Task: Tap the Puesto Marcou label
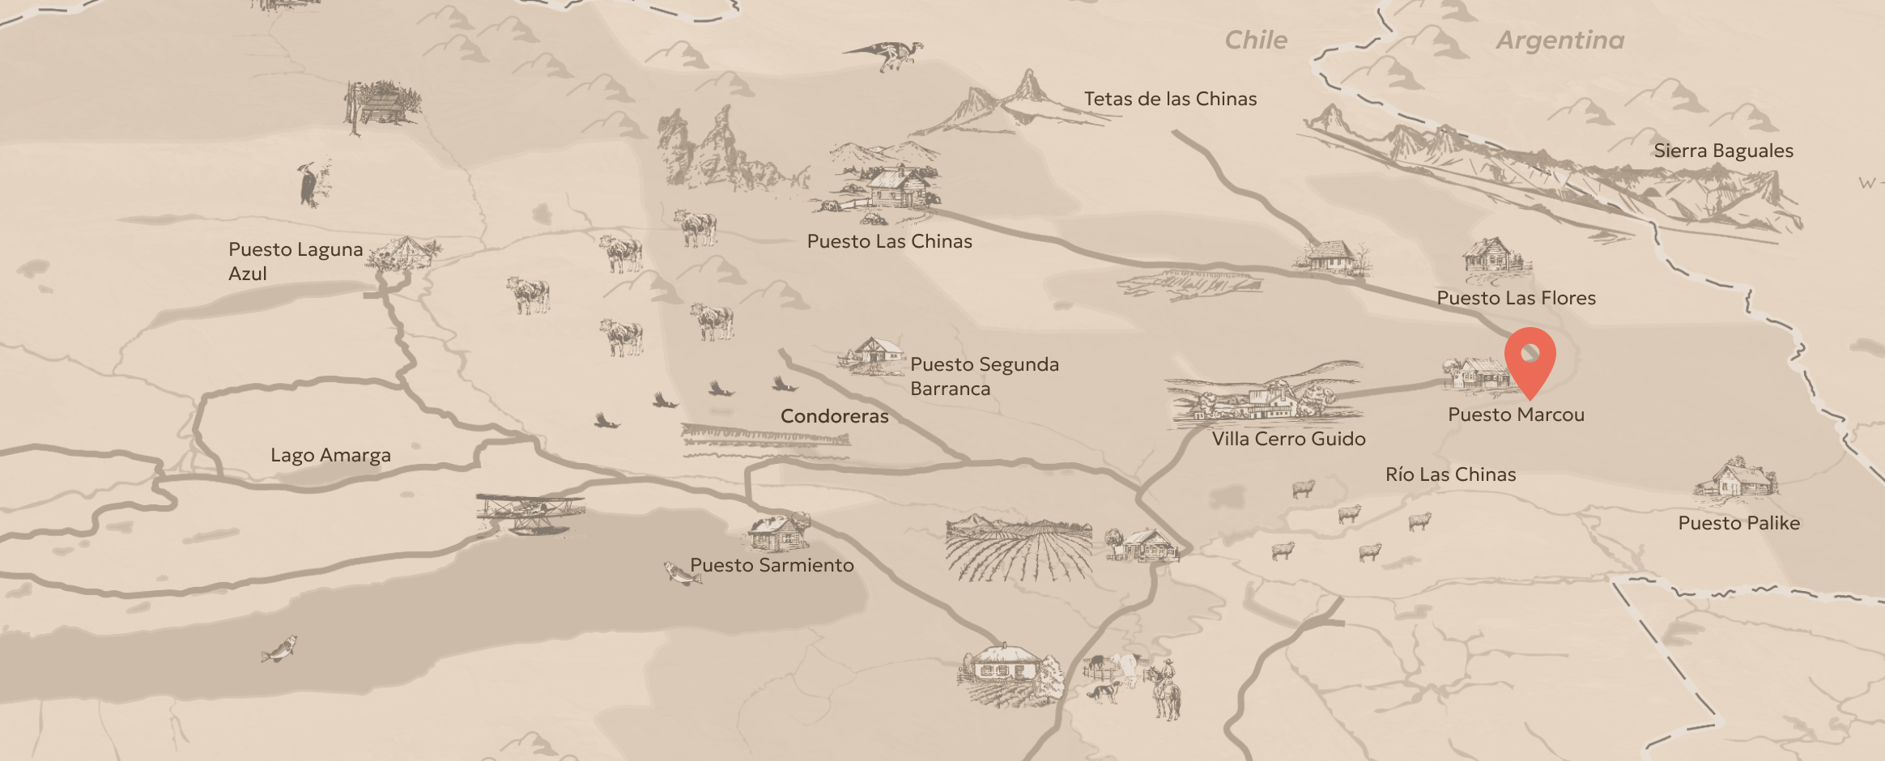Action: pos(1516,415)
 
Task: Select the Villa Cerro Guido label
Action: pos(1288,439)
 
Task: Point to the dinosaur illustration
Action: pos(887,55)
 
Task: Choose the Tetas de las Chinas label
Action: pos(1170,99)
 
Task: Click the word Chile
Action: pos(1255,40)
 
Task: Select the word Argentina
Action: pos(1559,40)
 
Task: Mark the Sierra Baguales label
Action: pos(1723,151)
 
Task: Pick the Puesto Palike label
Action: pos(1738,523)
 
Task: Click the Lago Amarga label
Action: pos(330,455)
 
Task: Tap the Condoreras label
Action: pos(834,416)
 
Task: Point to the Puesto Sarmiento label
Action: pos(772,565)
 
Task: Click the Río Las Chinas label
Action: pos(1450,474)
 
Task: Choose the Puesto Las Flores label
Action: pos(1516,298)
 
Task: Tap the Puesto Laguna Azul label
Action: pos(295,261)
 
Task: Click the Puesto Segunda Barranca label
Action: pos(984,376)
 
